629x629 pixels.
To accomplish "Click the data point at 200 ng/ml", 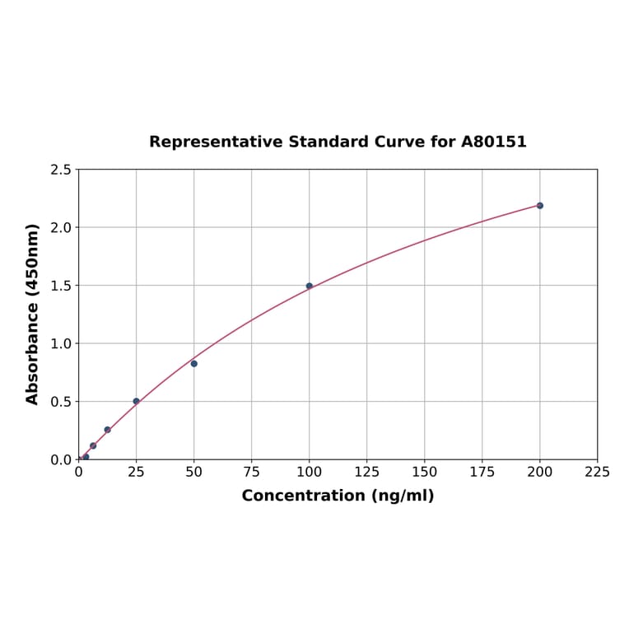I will coord(540,205).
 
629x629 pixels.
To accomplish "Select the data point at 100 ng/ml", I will coord(310,286).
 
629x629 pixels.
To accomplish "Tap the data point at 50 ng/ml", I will coord(194,363).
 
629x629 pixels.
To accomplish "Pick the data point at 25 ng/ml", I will coord(137,401).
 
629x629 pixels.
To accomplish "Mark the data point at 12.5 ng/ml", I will coord(107,430).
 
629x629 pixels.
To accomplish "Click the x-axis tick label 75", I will coord(252,473).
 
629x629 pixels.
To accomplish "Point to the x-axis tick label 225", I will coord(598,473).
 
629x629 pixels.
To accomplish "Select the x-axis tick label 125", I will coord(367,473).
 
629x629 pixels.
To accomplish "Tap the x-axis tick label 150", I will coord(425,473).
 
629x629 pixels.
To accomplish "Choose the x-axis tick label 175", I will coord(482,473).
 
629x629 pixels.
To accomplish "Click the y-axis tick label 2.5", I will coord(60,170).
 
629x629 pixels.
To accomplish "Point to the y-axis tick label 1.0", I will coord(60,343).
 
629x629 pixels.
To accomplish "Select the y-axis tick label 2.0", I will coord(60,227).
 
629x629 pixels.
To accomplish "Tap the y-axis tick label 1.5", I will coord(60,286).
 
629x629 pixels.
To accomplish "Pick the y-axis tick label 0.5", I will coord(60,402).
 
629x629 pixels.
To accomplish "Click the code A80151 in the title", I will coord(493,142).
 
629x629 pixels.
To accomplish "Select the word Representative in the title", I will coord(215,142).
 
